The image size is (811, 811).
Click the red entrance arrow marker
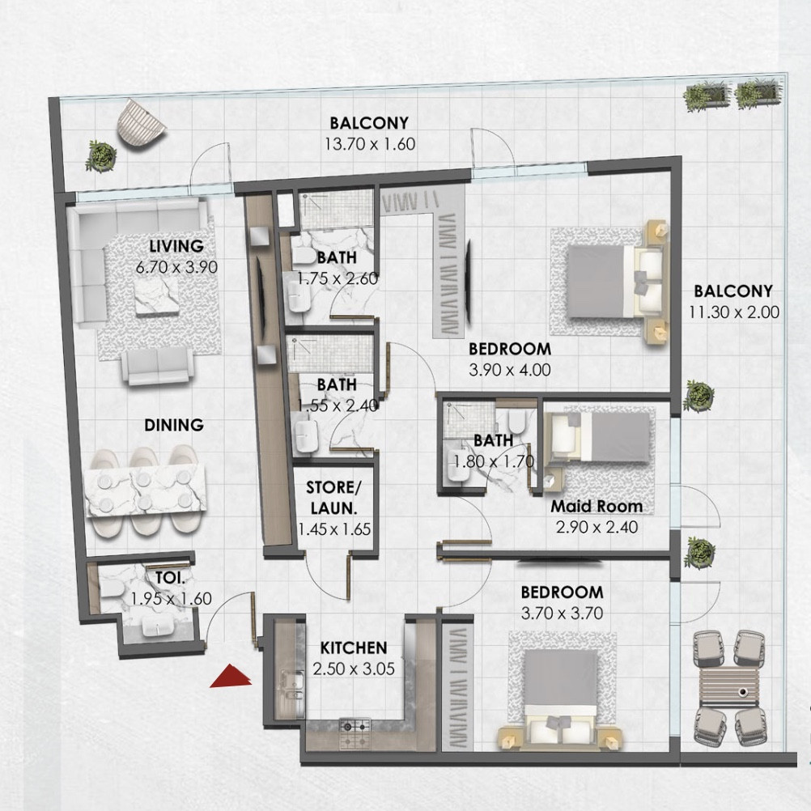coord(231,677)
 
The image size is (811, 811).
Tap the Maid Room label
coord(597,507)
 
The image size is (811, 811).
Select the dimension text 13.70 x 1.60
coord(370,144)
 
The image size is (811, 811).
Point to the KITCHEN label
coord(354,648)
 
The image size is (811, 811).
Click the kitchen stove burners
coord(355,732)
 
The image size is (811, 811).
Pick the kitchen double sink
coord(287,685)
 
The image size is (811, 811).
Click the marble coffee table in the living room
coord(157,297)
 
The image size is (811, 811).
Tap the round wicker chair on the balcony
coord(141,125)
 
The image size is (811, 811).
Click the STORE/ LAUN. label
coord(334,498)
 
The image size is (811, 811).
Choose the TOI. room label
coord(171,578)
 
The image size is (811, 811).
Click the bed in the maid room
coord(600,437)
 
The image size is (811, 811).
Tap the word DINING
coord(174,425)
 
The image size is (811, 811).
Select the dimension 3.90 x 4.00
coord(509,370)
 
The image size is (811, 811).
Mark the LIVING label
coord(176,246)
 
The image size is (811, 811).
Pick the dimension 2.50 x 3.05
coord(354,669)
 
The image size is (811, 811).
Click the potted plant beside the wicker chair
coord(101,155)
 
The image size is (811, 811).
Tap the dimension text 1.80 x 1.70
coord(494,461)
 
